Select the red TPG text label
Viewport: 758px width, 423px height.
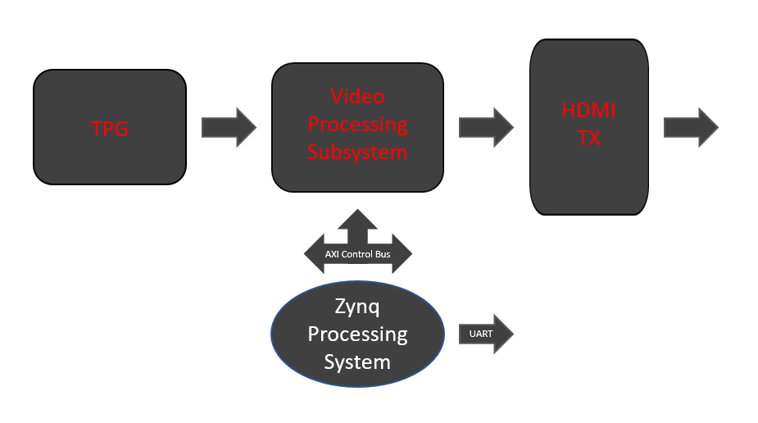coord(110,128)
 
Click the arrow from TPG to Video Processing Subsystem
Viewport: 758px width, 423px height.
coord(229,127)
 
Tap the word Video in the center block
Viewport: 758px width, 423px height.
coord(357,96)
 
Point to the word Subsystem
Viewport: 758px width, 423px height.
coord(357,152)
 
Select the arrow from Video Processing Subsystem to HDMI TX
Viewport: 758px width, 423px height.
coord(486,127)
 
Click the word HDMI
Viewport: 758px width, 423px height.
coord(588,111)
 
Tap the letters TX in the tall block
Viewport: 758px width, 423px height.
coord(588,139)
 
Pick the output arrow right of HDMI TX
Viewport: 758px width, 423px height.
coord(691,127)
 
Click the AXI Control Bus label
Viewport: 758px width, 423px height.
coord(357,254)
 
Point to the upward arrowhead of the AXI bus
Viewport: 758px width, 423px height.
coord(357,217)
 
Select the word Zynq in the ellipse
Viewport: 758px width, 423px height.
coord(357,307)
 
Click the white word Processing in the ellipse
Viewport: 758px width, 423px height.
coord(357,334)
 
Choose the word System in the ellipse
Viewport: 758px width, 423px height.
coord(357,361)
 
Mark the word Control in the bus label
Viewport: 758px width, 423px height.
coord(359,254)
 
